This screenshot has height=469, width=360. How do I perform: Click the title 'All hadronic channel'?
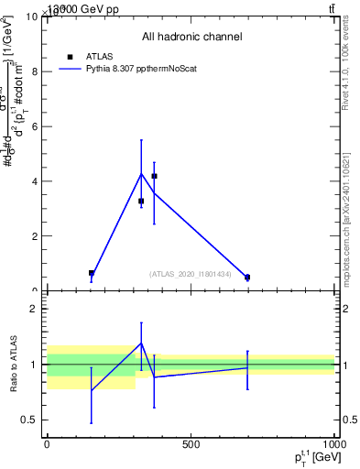coord(191,37)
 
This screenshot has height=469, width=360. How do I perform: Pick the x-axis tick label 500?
coord(191,444)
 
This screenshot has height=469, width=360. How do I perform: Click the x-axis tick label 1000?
coord(333,444)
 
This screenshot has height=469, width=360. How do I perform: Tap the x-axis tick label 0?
coord(47,444)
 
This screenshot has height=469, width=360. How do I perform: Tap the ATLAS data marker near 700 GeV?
coord(247,277)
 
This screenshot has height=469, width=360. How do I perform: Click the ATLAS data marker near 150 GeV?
coord(92,273)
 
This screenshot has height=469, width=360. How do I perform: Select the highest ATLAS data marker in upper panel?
coord(154,176)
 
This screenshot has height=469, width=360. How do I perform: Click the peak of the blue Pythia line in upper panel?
coord(141,173)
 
